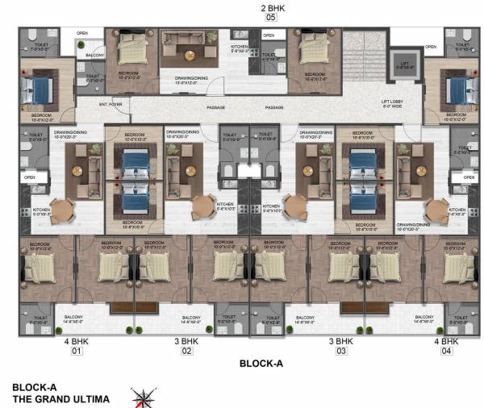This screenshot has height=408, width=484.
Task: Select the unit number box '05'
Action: pos(270,17)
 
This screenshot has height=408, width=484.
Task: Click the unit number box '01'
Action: pos(78,352)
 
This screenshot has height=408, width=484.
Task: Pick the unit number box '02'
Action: pos(186,352)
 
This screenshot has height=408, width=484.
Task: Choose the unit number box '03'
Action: pos(340,352)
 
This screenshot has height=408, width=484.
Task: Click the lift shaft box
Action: pos(400,65)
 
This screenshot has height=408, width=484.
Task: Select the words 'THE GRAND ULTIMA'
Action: pos(60,398)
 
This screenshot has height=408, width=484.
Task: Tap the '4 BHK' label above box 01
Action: pos(78,342)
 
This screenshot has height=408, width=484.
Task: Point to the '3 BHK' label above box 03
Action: pos(340,342)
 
